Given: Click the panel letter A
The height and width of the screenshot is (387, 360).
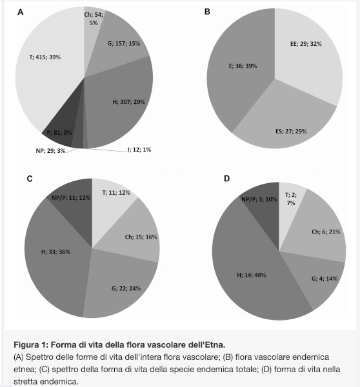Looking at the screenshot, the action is click(x=21, y=12).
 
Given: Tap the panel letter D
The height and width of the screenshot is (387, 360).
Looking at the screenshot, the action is click(x=226, y=179).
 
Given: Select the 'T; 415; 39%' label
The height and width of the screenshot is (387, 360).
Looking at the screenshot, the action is click(x=45, y=57).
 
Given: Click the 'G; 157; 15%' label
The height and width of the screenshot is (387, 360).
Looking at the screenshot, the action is click(x=124, y=43).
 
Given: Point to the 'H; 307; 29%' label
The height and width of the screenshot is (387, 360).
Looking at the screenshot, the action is click(x=129, y=102).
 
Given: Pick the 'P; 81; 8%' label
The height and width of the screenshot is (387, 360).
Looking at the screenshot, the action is click(x=59, y=132).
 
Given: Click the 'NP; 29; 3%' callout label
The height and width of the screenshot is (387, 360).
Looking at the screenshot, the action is click(x=50, y=150).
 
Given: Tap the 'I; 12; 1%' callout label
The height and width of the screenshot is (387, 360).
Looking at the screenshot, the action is click(x=139, y=150).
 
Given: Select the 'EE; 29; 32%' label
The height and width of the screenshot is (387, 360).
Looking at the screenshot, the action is click(x=306, y=44).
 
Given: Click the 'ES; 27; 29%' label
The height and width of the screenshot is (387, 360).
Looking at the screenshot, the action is click(x=291, y=131).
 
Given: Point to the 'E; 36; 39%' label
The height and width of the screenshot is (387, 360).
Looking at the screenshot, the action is click(x=243, y=66).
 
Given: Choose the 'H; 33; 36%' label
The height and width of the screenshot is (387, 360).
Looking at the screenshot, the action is click(x=55, y=252).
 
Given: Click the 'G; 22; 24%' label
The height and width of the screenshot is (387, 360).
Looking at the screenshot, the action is click(x=126, y=288).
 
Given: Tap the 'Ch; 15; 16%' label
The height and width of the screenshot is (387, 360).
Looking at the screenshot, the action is click(x=141, y=237).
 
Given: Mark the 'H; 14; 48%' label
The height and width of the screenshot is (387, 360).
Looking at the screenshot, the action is click(x=252, y=275).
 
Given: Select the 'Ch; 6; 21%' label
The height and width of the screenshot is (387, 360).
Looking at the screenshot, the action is click(x=326, y=232).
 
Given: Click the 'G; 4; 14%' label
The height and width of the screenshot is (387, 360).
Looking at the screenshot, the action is click(x=325, y=279).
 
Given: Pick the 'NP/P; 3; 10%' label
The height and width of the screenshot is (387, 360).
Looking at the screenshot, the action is click(x=259, y=199).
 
